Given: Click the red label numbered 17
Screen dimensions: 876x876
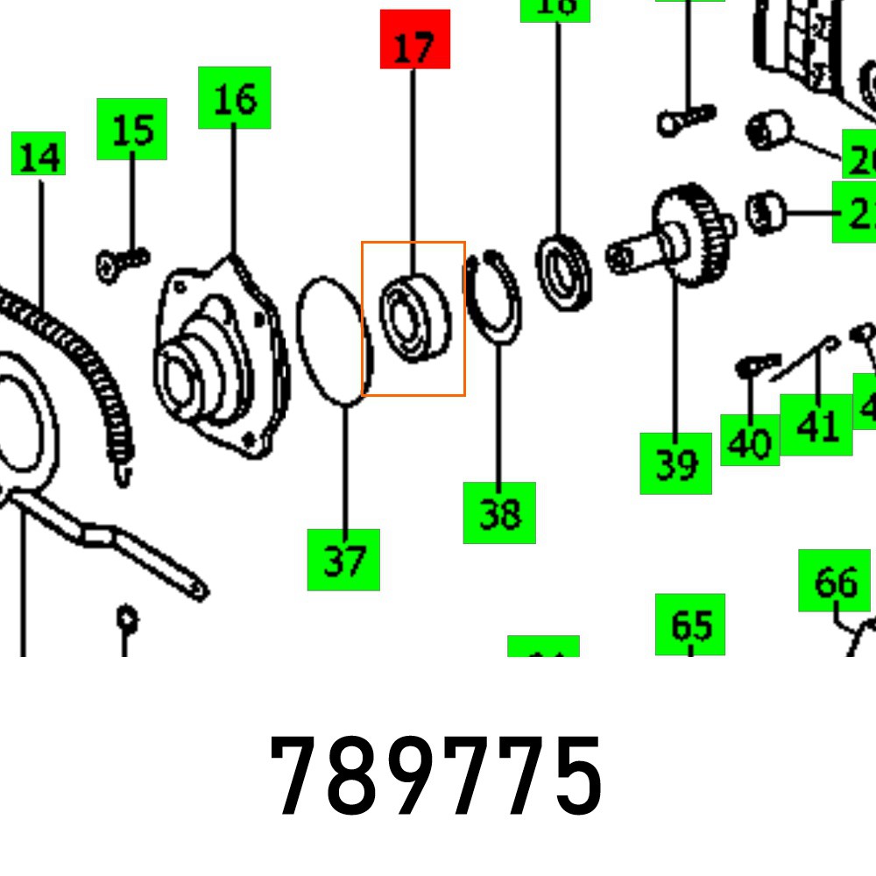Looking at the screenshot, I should coord(414,39).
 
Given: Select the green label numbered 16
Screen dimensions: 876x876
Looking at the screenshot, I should coord(234,97).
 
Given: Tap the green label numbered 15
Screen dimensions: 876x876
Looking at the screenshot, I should coord(131,129).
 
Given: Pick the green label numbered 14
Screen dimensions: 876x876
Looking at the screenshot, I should coord(39,153).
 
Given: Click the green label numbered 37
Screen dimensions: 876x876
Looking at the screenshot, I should coord(343,560).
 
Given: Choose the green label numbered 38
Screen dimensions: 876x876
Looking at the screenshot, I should coord(499,512).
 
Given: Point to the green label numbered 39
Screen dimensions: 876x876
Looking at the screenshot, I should coord(675,463).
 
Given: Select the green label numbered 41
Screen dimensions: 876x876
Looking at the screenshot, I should coord(816,425).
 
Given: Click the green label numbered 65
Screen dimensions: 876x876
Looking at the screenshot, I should coord(690,624).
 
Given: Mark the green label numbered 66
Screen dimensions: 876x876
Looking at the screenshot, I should coord(834,580).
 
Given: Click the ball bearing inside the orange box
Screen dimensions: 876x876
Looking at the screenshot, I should coord(414,317).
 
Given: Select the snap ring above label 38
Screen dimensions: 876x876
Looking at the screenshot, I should coord(493,295).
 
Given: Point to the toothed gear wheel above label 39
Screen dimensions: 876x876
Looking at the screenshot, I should coord(692,235).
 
